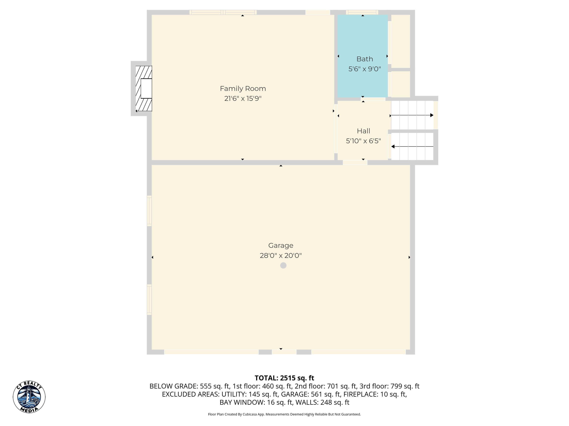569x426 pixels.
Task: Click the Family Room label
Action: click(243, 89)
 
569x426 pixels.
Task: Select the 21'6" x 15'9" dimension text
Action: click(243, 99)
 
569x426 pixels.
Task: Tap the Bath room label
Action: click(365, 59)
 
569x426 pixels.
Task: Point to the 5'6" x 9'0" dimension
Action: click(365, 69)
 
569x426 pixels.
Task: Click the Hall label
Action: click(363, 131)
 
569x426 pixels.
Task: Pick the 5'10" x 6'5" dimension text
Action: click(363, 141)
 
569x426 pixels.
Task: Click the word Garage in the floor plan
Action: click(281, 246)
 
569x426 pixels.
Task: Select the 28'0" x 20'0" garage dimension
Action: click(281, 256)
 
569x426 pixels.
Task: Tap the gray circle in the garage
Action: click(283, 265)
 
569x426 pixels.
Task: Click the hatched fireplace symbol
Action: click(144, 89)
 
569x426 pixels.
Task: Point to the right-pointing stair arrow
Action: click(412, 115)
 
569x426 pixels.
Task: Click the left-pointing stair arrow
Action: click(412, 147)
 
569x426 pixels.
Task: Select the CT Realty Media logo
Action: click(29, 397)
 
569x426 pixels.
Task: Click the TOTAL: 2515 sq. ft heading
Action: click(284, 378)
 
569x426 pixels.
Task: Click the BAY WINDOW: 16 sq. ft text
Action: click(256, 402)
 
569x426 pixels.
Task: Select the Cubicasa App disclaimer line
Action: click(284, 414)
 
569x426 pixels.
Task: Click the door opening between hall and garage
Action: click(355, 163)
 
